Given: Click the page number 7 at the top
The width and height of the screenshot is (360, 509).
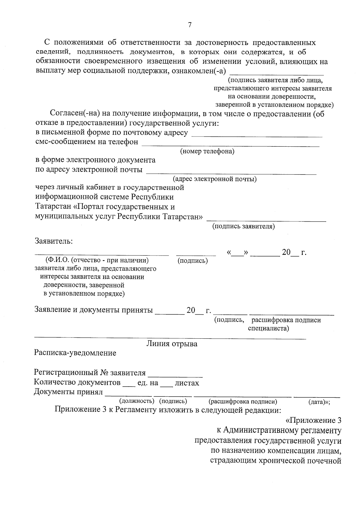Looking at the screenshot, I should click(x=190, y=25).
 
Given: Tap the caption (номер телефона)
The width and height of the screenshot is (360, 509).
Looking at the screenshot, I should click(x=207, y=151).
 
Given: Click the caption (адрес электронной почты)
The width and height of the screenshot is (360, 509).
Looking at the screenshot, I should click(x=214, y=179).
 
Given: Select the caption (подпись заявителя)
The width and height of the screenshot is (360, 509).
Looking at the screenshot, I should click(x=244, y=226).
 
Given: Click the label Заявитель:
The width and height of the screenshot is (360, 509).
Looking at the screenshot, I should click(x=54, y=241).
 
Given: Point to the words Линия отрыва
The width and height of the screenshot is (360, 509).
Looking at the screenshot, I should click(x=172, y=344).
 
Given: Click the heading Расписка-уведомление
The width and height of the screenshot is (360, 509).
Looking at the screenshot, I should click(x=75, y=353).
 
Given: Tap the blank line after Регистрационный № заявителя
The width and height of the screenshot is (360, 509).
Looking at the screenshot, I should click(x=175, y=375).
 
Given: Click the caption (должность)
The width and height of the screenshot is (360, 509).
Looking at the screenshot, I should click(x=137, y=401).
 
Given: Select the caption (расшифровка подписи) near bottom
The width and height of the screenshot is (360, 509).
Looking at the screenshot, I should click(x=243, y=402).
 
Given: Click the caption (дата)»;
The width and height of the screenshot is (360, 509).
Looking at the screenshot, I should click(x=319, y=402).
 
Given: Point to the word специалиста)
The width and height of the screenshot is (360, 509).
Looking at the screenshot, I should click(x=268, y=328).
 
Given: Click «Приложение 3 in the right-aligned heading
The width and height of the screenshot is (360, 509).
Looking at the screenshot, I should click(x=313, y=421).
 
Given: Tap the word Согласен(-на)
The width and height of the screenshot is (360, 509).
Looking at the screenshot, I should click(x=75, y=114).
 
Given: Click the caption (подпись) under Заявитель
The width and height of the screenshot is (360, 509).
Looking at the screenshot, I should click(x=193, y=261).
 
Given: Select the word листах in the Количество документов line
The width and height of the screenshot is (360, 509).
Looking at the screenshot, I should click(x=187, y=383).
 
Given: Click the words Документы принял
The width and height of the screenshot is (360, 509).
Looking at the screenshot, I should click(x=68, y=392).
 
